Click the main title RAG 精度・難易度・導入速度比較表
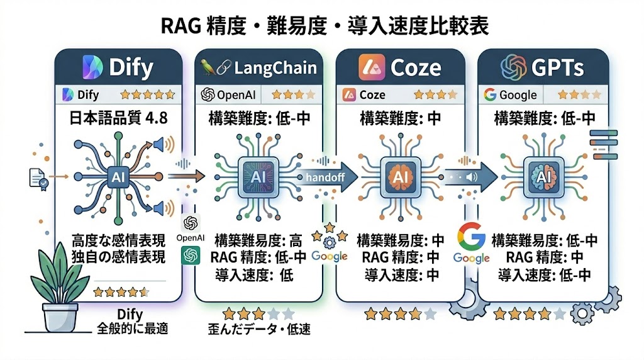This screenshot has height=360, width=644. pos(322,26)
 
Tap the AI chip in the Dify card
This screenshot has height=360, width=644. pos(119,178)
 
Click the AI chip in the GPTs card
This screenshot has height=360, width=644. pos(543,178)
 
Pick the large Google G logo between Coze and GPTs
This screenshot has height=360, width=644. pos(471,238)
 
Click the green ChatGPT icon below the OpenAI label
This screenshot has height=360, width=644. pos(190,256)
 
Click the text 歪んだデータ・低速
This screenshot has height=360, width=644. pos(258,329)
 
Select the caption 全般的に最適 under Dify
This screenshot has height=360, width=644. pos(130,328)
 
